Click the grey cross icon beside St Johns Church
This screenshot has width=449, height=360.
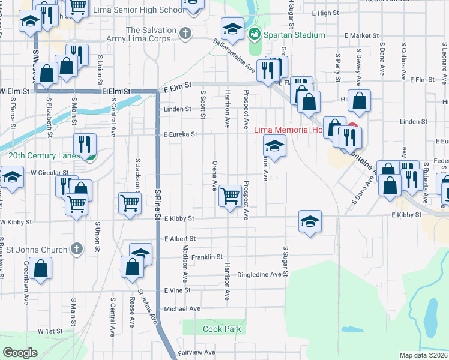(76, 248)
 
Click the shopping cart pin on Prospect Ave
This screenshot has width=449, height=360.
(231, 195)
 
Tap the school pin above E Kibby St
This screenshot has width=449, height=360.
(309, 221)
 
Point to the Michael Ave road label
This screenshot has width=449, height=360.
(182, 308)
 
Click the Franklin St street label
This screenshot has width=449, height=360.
(207, 256)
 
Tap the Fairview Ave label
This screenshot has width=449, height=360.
(196, 352)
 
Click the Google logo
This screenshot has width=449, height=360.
(20, 353)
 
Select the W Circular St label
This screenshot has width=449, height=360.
(46, 172)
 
